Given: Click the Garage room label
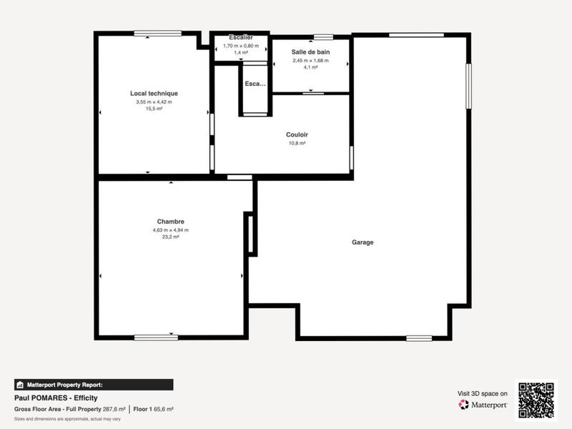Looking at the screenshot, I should coord(363,242).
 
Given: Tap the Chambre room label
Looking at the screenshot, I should coord(170,222).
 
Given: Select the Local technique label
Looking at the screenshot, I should coord(154,94).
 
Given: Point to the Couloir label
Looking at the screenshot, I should coord(297,134).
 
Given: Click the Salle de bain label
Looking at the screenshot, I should coord(310,52).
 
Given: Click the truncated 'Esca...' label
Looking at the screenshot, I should coord(255,84).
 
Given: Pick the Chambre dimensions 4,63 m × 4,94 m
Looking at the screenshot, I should coord(170,230).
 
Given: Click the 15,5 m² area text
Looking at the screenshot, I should coord(154,109).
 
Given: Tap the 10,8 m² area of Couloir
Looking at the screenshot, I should coord(297,143).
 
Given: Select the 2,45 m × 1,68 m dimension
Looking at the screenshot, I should coord(310,61).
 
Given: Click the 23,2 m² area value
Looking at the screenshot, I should coord(170,237).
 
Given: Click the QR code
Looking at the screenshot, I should coord(536,401).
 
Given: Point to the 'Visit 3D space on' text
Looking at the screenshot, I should coord(483,393).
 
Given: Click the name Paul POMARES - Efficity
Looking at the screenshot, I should coord(56,398).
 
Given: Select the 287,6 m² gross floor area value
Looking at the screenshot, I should coord(113,409).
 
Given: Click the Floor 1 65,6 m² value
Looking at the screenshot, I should coord(154,409).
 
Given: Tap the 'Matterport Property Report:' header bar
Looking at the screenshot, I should coord(94,384).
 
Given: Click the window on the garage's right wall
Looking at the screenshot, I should coord(468,87).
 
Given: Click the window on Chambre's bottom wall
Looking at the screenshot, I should coord(156,337).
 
